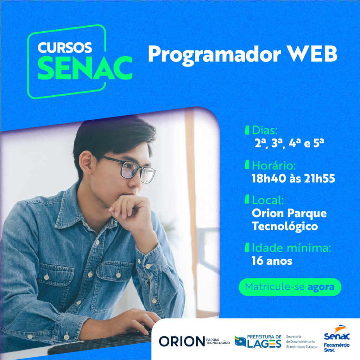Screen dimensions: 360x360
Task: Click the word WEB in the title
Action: (x=312, y=53)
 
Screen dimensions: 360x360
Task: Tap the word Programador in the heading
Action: (x=214, y=55)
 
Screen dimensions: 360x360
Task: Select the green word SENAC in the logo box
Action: (x=85, y=68)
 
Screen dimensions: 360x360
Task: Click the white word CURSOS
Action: (x=65, y=48)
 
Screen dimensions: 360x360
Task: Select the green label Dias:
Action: (x=265, y=130)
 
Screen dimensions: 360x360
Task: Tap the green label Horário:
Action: (x=274, y=165)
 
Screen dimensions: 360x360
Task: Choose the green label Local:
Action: (x=268, y=200)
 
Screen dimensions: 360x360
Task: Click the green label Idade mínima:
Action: (x=291, y=248)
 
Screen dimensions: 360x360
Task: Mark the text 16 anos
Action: (x=272, y=261)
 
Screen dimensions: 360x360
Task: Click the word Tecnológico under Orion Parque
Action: (x=285, y=226)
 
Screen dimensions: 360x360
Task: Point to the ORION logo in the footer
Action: (x=194, y=341)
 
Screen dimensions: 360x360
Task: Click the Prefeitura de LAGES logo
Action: (x=258, y=341)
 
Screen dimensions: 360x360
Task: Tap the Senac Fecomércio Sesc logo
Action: (x=336, y=339)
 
